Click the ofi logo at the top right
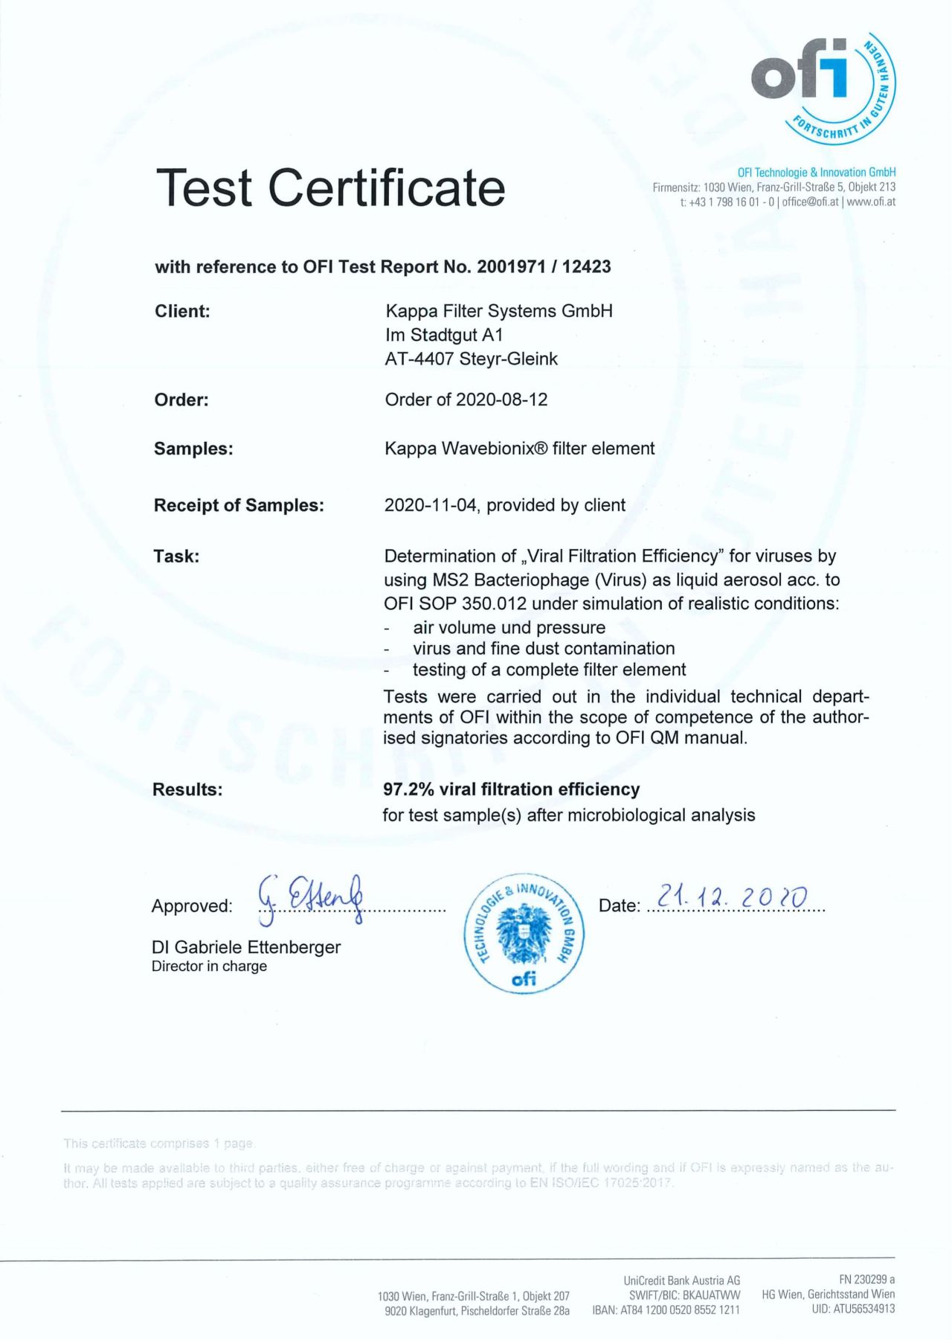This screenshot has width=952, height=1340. [x=821, y=86]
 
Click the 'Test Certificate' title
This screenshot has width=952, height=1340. [x=330, y=187]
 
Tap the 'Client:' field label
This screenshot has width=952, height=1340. [x=182, y=312]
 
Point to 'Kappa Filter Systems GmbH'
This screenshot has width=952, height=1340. [x=498, y=311]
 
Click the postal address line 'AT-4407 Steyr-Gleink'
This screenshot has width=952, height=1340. [x=471, y=359]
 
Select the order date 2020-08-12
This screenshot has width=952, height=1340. [x=501, y=400]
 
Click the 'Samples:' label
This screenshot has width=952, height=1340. [x=193, y=449]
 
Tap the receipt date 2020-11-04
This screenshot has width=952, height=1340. [x=430, y=505]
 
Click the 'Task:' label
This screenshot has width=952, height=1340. [x=176, y=556]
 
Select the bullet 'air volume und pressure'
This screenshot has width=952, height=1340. [x=509, y=627]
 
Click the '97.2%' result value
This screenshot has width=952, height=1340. [x=408, y=789]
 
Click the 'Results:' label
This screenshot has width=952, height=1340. [x=187, y=789]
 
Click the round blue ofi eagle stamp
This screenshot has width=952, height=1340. [x=524, y=935]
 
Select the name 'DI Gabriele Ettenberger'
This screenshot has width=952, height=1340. [x=246, y=947]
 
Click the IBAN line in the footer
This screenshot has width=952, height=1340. [x=666, y=1310]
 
